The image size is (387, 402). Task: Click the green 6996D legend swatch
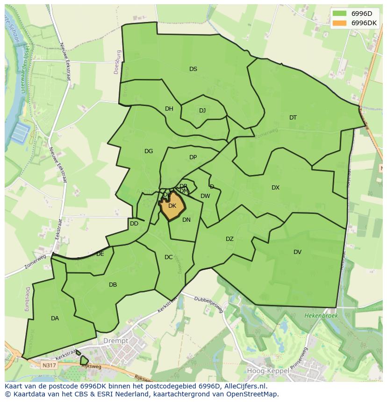pyautogui.click(x=340, y=13)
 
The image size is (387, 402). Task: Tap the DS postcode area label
pyautogui.click(x=193, y=69)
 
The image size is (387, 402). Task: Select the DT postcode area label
pyautogui.click(x=293, y=118)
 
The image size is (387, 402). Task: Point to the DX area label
pyautogui.click(x=275, y=188)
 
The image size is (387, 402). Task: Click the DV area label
pyautogui.click(x=297, y=252)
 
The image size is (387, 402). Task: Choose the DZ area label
pyautogui.click(x=229, y=239)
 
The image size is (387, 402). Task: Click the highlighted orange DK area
pyautogui.click(x=172, y=206)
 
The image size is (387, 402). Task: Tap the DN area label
pyautogui.click(x=186, y=220)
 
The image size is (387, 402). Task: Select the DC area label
pyautogui.click(x=169, y=257)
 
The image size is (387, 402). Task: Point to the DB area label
pyautogui.click(x=113, y=285)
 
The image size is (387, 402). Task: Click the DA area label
pyautogui.click(x=55, y=318)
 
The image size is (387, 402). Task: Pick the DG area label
pyautogui.click(x=149, y=151)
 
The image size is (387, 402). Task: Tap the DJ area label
pyautogui.click(x=202, y=111)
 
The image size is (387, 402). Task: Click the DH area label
pyautogui.click(x=169, y=109)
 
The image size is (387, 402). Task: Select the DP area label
pyautogui.click(x=193, y=157)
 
